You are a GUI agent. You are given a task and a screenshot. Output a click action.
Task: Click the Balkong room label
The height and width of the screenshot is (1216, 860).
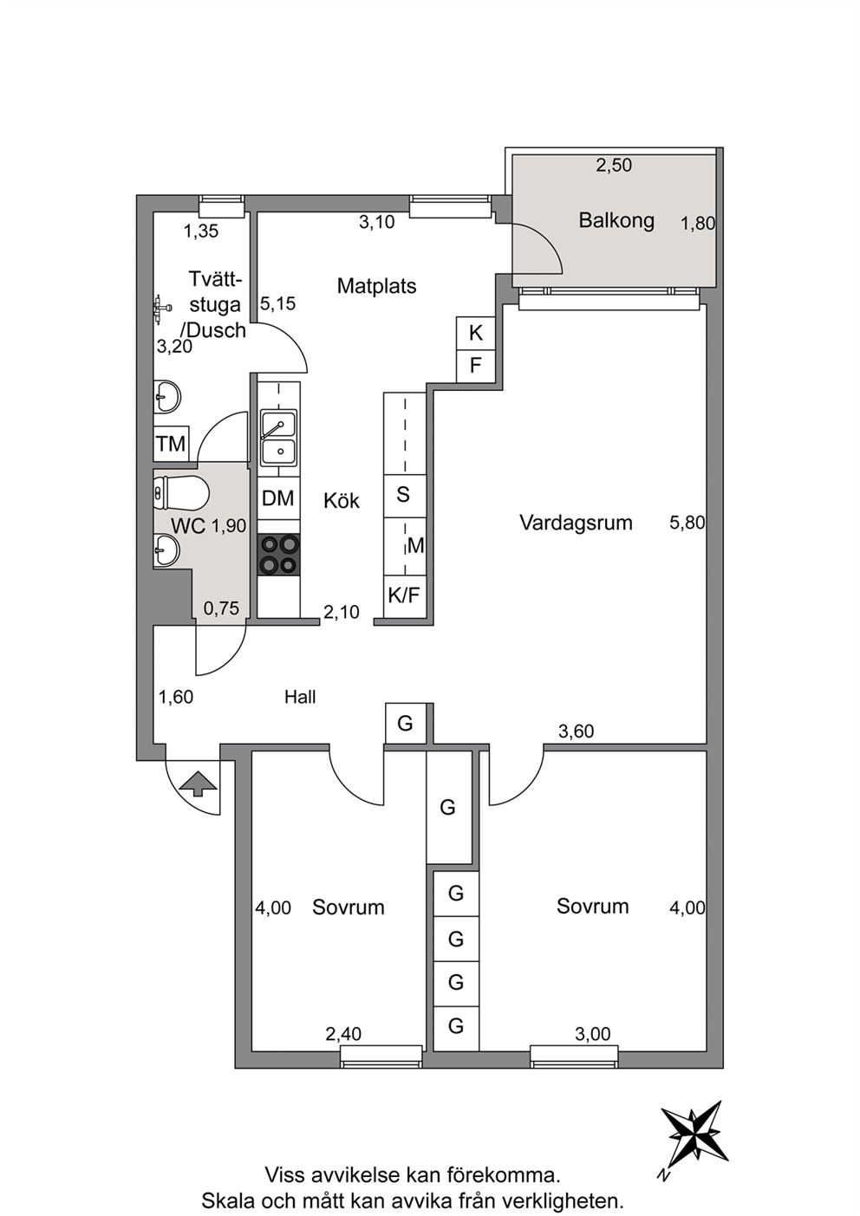point(616,221)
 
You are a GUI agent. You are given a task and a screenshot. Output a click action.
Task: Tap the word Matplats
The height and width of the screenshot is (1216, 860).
point(376,286)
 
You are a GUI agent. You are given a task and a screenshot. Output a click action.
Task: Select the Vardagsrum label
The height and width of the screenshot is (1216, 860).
point(576,523)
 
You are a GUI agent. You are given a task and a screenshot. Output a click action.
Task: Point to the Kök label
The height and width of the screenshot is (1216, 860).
point(341,500)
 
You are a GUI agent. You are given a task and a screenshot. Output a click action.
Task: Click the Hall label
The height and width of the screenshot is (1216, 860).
point(300,697)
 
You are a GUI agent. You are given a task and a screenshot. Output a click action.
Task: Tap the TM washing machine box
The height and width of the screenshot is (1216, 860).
point(171,444)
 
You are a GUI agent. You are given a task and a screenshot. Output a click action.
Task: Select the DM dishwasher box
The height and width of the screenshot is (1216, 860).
point(278,498)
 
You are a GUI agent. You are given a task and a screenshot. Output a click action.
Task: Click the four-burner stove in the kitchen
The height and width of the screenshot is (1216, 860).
point(278,554)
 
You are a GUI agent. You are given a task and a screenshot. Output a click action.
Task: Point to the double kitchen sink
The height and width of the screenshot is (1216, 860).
point(278,438)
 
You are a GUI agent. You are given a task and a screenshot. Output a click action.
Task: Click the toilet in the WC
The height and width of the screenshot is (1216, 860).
point(181,493)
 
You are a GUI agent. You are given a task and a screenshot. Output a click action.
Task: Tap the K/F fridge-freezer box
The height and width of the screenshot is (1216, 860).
point(405,596)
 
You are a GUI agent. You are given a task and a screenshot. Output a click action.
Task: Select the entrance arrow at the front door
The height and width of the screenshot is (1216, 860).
point(199,784)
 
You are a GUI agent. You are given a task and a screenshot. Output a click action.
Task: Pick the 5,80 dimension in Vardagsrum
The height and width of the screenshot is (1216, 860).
point(687,523)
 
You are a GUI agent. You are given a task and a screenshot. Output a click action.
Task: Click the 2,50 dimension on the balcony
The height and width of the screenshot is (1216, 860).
point(614,165)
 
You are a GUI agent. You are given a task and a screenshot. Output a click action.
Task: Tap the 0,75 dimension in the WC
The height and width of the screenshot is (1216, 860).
point(222,608)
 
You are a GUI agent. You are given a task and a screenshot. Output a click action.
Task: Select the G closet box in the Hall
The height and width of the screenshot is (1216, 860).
point(405,723)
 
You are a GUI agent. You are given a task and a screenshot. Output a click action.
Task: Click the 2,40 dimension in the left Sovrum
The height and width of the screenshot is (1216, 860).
point(343,1034)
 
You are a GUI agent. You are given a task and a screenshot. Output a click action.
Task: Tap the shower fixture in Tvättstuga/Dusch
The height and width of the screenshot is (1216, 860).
point(162,309)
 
